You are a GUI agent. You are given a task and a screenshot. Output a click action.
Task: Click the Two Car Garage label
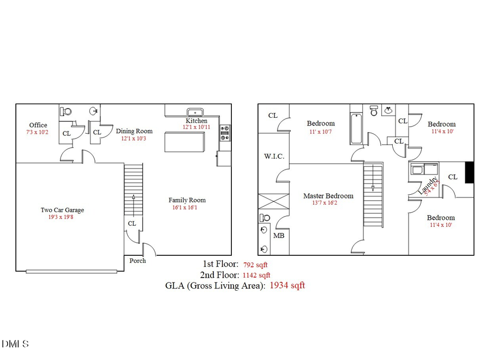[62, 210]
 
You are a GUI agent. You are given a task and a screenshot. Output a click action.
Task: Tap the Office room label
[38, 125]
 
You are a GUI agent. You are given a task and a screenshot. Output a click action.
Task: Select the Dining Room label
[134, 131]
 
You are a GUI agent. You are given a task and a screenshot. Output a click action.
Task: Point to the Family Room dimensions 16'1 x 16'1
[187, 208]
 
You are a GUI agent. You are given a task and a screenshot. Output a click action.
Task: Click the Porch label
[137, 261]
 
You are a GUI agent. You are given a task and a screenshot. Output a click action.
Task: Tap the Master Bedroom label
[328, 196]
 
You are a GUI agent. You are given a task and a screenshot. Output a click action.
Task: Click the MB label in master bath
[278, 236]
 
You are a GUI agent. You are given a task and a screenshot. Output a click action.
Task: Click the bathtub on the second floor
[356, 128]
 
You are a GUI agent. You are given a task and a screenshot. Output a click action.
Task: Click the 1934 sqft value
[287, 285]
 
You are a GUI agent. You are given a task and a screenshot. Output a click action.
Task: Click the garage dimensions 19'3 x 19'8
[62, 217]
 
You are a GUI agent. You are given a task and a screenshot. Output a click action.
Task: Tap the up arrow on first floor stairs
[133, 196]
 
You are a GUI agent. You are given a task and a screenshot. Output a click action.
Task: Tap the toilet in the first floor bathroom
[67, 111]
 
